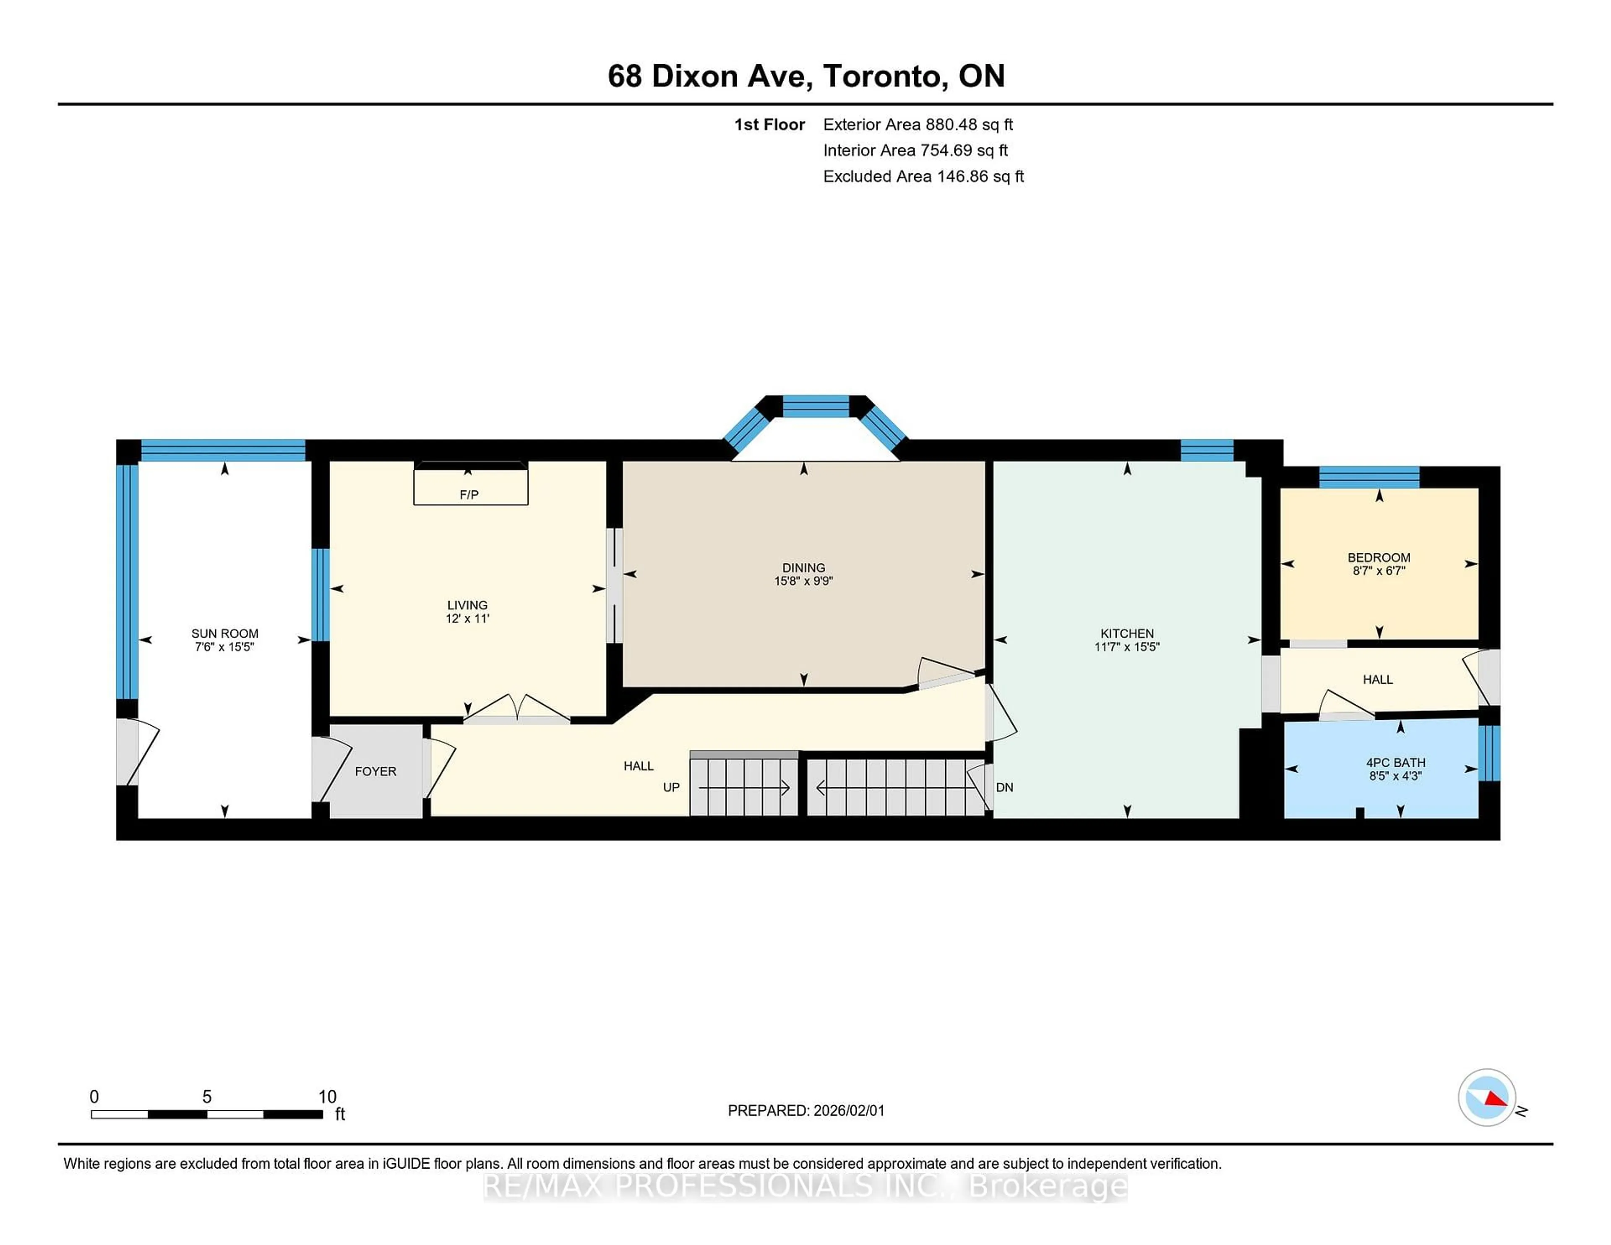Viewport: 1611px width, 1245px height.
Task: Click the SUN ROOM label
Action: coord(224,633)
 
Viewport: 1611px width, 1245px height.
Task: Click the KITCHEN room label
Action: coord(1126,633)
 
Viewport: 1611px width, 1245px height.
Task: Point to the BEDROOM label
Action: coord(1378,557)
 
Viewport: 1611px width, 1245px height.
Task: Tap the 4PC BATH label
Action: coord(1395,763)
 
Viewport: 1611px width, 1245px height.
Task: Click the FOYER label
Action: coord(375,771)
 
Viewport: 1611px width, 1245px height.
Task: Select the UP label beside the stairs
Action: coord(670,788)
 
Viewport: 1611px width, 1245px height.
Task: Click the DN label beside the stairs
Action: coord(1004,788)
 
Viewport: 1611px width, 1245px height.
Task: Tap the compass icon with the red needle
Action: coord(1486,1097)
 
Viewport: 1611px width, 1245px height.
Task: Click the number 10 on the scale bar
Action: coord(327,1097)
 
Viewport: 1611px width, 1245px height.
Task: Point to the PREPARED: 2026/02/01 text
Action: coord(805,1111)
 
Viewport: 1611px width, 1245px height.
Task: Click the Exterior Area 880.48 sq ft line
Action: coord(918,125)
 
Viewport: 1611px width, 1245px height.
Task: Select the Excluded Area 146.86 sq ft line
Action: coord(923,176)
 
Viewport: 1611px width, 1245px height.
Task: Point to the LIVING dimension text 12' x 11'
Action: coord(467,619)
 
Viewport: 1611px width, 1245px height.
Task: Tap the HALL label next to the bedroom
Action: coord(1377,680)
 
